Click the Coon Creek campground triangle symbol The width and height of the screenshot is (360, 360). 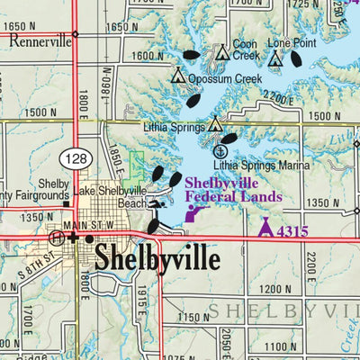tap(222, 54)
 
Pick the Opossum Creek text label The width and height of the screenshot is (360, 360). tap(225, 78)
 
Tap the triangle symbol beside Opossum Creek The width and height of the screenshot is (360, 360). tap(178, 76)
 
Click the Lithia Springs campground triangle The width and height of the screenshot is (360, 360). tap(215, 126)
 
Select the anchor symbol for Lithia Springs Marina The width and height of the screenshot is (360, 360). tap(219, 151)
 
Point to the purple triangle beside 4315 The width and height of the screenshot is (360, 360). tap(265, 229)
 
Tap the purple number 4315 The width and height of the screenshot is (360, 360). tap(292, 232)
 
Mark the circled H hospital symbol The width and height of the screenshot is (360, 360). tap(58, 238)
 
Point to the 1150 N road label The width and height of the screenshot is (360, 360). tap(193, 318)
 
